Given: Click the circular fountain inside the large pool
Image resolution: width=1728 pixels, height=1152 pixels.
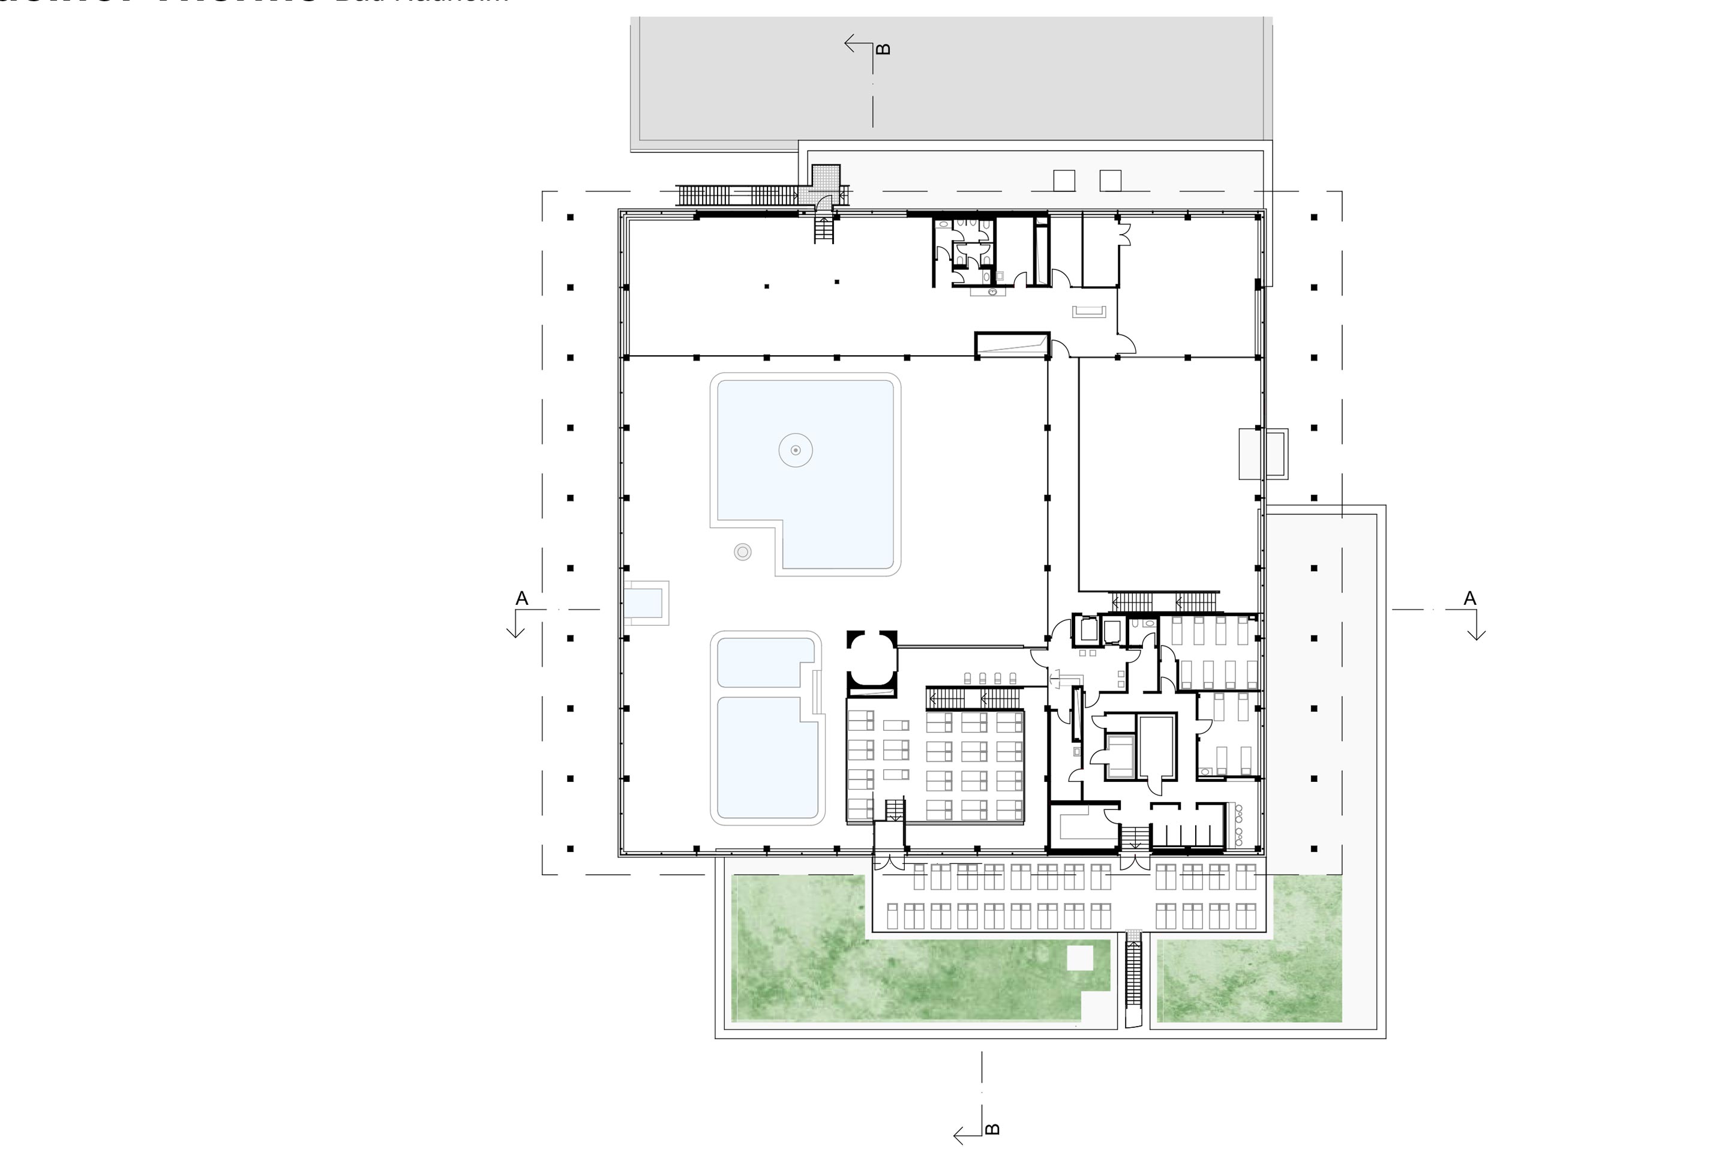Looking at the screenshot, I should click(796, 449).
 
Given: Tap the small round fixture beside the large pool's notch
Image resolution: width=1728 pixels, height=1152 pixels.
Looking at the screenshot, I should click(743, 552).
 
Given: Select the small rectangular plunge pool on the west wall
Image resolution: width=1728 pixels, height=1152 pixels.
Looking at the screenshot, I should click(645, 603).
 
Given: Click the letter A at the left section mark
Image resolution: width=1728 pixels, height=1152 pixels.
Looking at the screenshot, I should click(521, 598).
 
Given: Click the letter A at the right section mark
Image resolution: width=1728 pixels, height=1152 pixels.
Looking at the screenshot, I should click(1469, 598).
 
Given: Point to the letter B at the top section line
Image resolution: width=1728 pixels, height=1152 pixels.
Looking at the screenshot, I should click(884, 49).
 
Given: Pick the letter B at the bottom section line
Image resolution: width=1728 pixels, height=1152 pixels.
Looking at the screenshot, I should click(992, 1129).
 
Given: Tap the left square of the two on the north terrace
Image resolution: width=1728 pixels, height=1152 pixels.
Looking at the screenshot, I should click(1064, 180).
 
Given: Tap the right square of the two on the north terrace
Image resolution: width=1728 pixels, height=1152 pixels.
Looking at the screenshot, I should click(1110, 180).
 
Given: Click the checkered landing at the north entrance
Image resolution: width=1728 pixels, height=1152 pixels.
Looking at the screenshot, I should click(826, 176).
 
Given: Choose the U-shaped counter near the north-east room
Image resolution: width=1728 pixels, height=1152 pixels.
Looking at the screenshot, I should click(1090, 312).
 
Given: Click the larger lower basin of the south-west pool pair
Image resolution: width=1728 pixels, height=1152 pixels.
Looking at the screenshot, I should click(767, 757).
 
